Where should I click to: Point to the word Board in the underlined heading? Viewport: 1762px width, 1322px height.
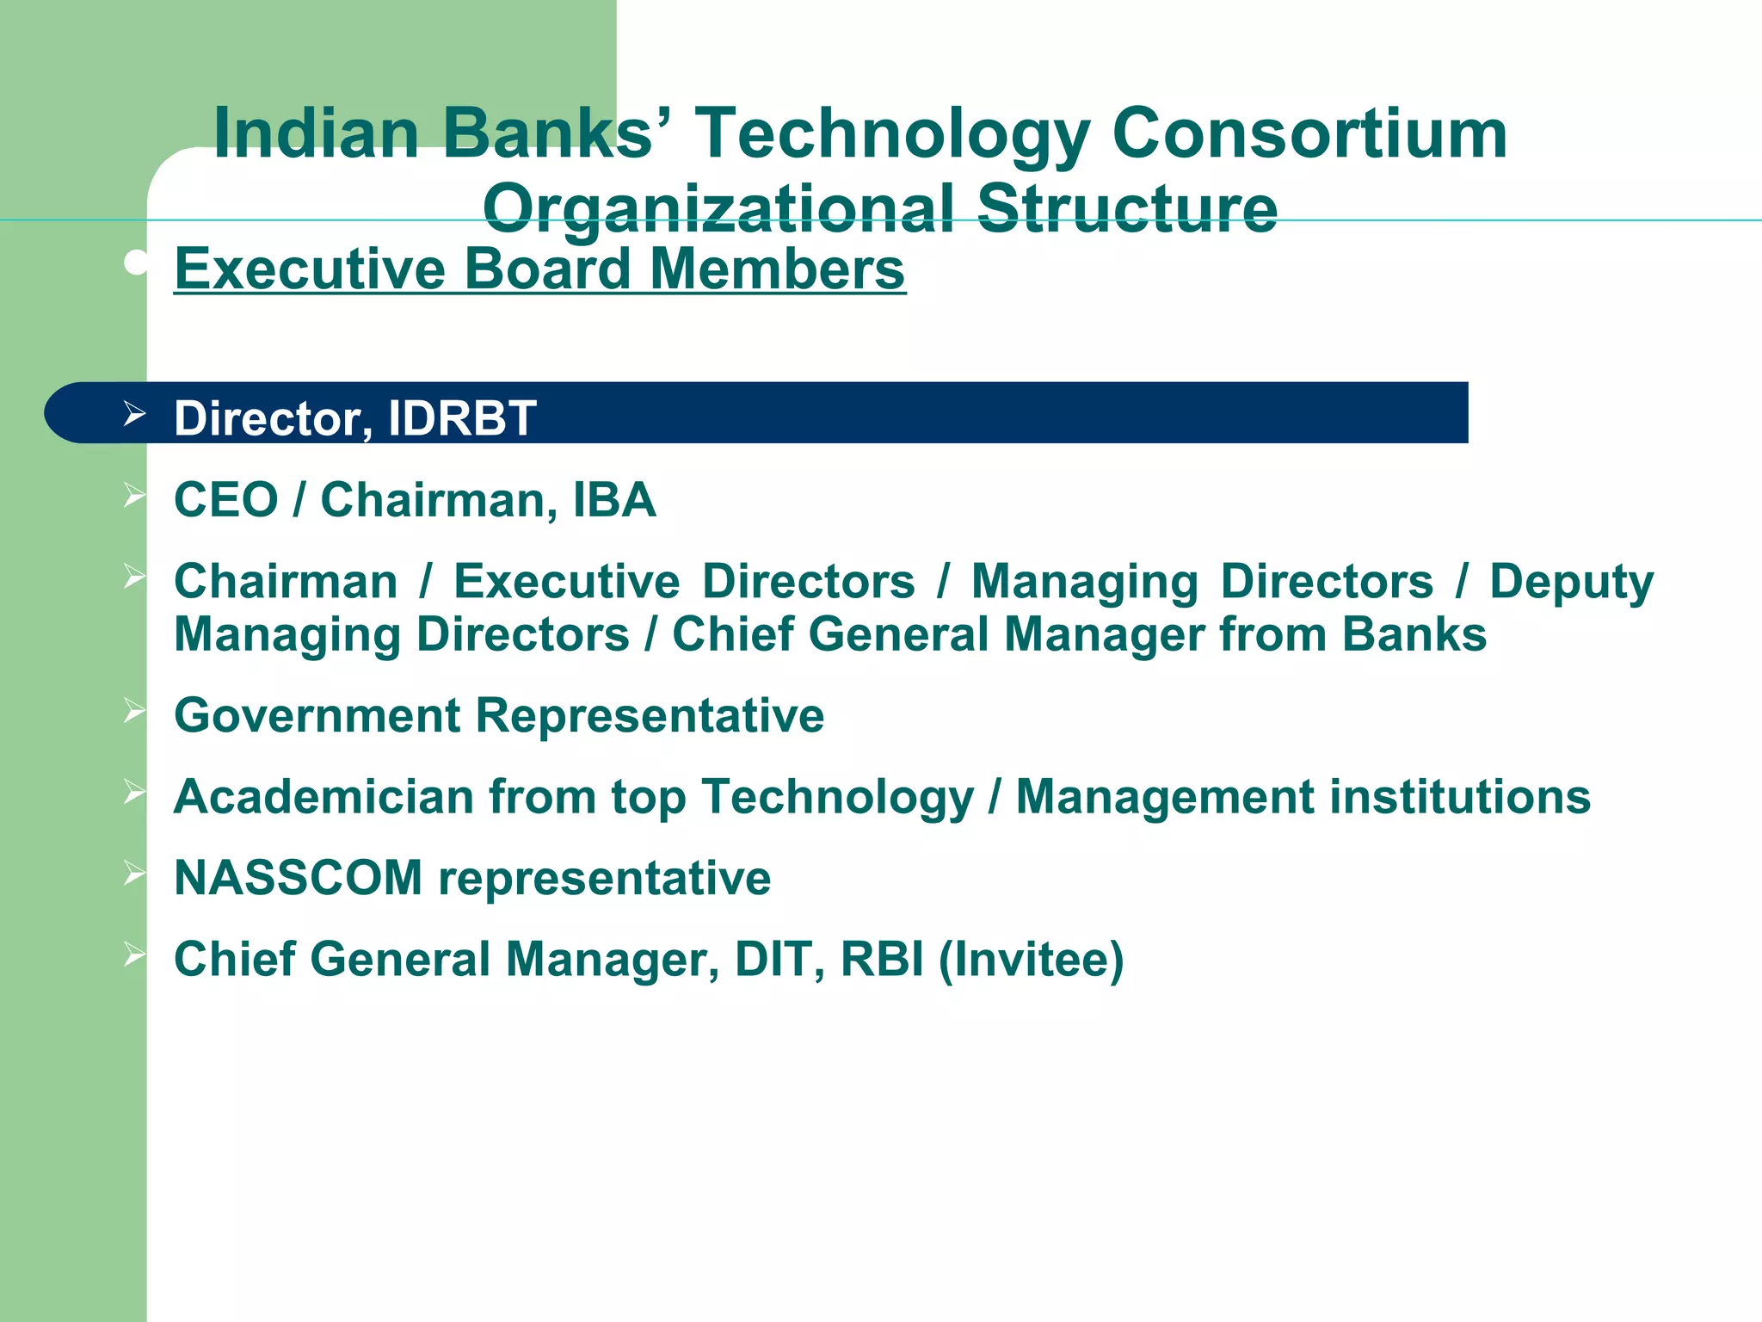click(548, 269)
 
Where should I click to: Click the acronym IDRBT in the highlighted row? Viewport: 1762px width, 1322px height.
click(462, 418)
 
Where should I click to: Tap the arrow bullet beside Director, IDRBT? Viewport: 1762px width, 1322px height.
click(134, 414)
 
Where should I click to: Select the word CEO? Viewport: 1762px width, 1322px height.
click(226, 500)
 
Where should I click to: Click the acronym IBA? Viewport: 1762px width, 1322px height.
click(614, 500)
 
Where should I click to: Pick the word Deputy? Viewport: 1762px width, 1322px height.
click(1571, 583)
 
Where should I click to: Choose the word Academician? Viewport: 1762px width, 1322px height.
click(323, 797)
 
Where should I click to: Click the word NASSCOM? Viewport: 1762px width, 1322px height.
click(299, 878)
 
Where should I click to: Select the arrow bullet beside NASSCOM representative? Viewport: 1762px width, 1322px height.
click(134, 873)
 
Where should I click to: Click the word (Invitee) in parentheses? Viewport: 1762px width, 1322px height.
click(1031, 960)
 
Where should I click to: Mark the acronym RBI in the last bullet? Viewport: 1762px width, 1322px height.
click(882, 960)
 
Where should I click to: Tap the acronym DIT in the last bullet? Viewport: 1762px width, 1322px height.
click(772, 960)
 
